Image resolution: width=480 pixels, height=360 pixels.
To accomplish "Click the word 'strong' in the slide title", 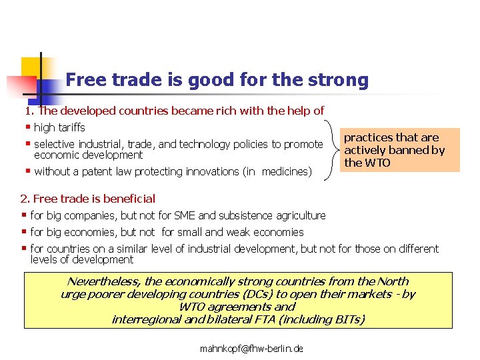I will pos(339,81).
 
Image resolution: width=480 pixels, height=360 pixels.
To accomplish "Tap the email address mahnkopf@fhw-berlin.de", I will pos(251,348).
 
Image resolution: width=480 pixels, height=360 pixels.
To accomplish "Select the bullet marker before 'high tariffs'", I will pos(27,127).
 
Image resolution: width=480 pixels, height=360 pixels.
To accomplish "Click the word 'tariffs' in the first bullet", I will pos(71,127).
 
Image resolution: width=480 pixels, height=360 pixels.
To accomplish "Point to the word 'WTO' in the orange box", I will pos(377,163).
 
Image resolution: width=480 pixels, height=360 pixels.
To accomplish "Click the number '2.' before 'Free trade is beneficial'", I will pos(25,198).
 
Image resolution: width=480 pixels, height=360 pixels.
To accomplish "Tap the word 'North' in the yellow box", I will pos(393,281).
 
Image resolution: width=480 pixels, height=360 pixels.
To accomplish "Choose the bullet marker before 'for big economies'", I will pos(24,231).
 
